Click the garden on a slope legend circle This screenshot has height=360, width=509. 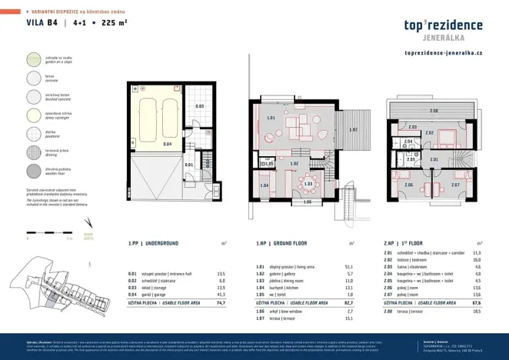pos(33,60)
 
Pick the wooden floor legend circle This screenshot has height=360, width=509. pos(33,170)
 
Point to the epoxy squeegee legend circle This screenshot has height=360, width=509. pos(33,115)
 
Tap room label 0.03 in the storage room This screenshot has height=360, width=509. pos(198,105)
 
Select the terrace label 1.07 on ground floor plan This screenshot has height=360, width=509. pos(353,129)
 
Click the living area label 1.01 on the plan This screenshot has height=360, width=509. pos(271,118)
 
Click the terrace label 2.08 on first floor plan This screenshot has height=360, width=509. pos(434,112)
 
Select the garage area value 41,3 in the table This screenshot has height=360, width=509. pos(221,295)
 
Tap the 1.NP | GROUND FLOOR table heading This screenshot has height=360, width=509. pos(284,243)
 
